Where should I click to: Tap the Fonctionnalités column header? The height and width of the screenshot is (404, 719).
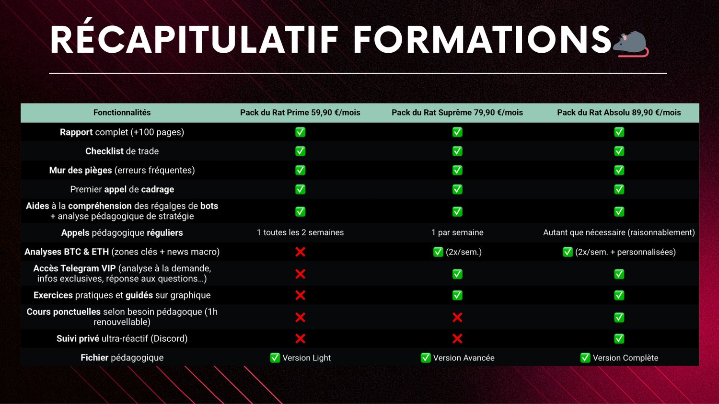click(122, 113)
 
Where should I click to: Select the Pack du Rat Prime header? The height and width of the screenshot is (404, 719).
click(300, 113)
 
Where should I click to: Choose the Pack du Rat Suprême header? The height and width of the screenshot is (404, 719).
click(457, 113)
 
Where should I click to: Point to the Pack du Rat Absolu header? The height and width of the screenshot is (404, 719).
click(619, 113)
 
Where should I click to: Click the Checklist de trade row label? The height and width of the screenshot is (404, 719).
click(122, 151)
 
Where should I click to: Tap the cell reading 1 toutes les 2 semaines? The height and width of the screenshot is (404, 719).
click(300, 232)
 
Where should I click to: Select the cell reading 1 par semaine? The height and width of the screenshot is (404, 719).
click(457, 232)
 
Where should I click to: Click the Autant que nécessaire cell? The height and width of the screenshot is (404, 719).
click(619, 232)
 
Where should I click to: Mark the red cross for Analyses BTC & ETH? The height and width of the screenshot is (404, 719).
click(300, 252)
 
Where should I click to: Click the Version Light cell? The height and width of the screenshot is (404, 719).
click(300, 358)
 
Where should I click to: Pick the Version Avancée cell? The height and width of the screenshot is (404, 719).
click(457, 358)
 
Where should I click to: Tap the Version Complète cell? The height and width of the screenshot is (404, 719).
click(619, 358)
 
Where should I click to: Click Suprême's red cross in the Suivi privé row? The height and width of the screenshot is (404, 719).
click(457, 338)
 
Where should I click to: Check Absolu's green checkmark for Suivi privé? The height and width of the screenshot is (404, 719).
click(619, 338)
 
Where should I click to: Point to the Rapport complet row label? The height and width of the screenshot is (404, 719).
click(122, 132)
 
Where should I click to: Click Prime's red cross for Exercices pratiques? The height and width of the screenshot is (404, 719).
click(300, 295)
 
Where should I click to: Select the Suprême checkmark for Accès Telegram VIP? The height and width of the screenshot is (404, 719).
click(457, 274)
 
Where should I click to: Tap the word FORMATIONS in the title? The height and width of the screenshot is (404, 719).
click(482, 39)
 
